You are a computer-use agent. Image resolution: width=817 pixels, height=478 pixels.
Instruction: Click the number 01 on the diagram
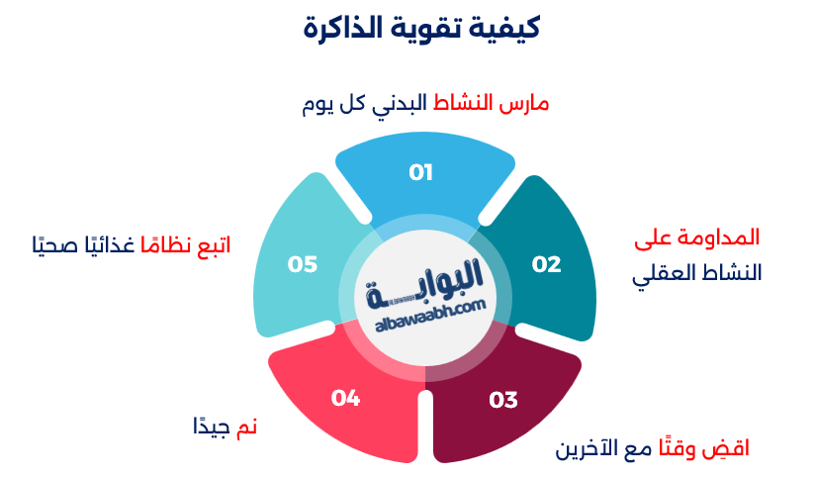421,173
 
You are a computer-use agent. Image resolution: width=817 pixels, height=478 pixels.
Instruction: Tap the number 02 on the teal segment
546,264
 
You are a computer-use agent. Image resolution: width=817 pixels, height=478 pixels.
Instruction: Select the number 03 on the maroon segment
503,400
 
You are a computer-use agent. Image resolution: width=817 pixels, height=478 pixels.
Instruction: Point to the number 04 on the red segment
345,398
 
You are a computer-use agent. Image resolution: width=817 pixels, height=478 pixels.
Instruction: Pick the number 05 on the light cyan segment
303,264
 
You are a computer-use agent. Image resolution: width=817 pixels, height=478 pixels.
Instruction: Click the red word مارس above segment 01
524,104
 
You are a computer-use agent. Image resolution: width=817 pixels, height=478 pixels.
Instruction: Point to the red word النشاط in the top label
464,104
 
